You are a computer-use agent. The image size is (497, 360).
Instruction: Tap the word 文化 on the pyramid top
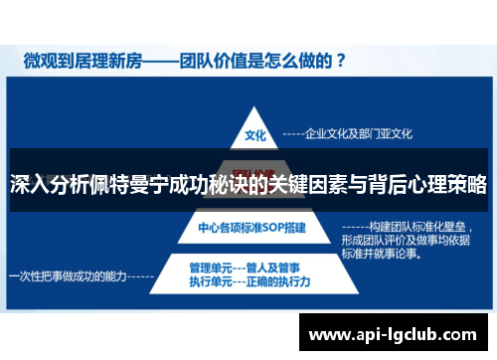click(x=254, y=132)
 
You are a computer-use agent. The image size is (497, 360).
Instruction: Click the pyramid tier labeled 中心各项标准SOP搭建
click(x=252, y=228)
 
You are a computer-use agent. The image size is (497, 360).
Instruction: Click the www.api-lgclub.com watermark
click(x=396, y=334)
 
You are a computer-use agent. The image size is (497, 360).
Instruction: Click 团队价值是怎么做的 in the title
click(x=266, y=60)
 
